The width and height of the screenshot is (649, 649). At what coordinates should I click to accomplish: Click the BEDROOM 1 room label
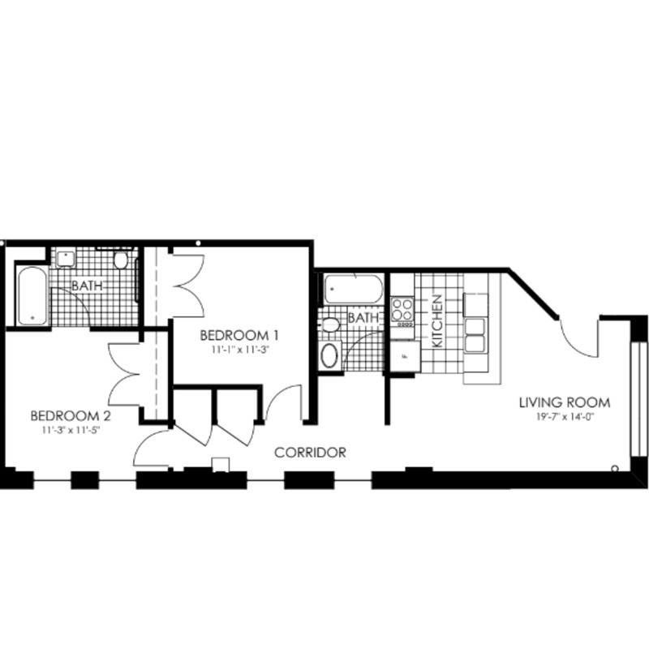pos(239,334)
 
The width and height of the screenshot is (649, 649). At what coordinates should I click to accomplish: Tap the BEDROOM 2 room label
pos(71,415)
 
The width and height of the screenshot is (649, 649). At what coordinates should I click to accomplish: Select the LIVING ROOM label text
pos(566,402)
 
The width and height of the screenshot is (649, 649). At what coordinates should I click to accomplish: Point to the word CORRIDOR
pos(311,453)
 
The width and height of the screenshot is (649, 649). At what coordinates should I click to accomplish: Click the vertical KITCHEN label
pos(437,321)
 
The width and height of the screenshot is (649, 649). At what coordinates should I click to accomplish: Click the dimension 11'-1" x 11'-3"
pos(239,350)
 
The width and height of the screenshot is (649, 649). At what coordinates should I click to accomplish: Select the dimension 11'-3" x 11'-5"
pos(71,431)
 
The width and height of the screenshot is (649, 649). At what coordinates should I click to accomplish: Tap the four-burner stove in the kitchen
pos(402,308)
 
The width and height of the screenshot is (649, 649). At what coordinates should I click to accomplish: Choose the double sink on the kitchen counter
pos(474,316)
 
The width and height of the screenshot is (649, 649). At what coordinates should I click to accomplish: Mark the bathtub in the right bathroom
pos(353,289)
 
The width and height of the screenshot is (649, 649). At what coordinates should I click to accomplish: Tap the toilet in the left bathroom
pos(121,260)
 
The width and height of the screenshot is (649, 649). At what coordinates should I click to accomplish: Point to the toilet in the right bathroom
pos(330,325)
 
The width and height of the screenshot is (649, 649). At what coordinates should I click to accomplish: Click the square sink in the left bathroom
pos(65,259)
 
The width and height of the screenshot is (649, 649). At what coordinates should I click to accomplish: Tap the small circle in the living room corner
pos(616,468)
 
